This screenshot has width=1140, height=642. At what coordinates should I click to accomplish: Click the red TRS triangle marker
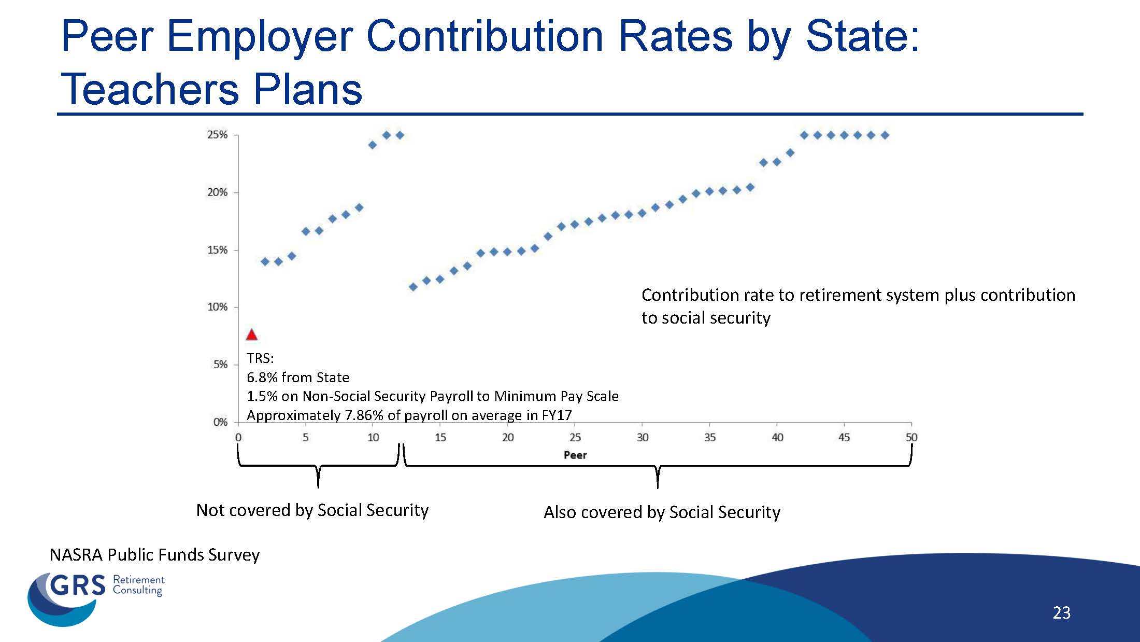pyautogui.click(x=251, y=334)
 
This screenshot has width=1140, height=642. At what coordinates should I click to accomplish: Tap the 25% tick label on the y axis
pyautogui.click(x=218, y=135)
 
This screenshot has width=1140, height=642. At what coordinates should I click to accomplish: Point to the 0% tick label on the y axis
pyautogui.click(x=220, y=422)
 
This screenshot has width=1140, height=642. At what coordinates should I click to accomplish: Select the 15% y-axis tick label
pyautogui.click(x=218, y=250)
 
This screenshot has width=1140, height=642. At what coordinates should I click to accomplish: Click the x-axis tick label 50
pyautogui.click(x=911, y=438)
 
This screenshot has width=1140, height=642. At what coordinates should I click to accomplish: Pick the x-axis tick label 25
pyautogui.click(x=575, y=438)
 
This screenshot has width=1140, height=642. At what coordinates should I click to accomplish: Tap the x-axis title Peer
pyautogui.click(x=575, y=455)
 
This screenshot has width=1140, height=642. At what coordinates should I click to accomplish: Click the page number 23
pyautogui.click(x=1061, y=613)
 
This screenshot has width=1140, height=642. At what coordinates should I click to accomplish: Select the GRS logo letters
pyautogui.click(x=78, y=586)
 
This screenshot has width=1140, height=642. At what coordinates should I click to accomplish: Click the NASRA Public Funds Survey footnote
pyautogui.click(x=154, y=555)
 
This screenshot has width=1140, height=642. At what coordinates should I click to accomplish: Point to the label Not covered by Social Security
pyautogui.click(x=312, y=510)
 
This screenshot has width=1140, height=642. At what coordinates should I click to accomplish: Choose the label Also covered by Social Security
pyautogui.click(x=662, y=512)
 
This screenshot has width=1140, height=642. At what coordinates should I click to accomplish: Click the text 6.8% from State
pyautogui.click(x=298, y=378)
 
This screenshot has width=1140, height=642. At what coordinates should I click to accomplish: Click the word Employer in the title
pyautogui.click(x=259, y=36)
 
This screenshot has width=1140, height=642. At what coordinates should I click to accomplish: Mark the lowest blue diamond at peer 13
pyautogui.click(x=413, y=287)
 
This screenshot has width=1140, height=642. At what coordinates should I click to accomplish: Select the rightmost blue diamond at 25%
pyautogui.click(x=885, y=135)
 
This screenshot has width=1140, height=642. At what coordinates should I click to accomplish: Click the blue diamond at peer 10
pyautogui.click(x=373, y=145)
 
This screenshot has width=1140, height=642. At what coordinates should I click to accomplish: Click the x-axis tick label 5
pyautogui.click(x=306, y=438)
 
